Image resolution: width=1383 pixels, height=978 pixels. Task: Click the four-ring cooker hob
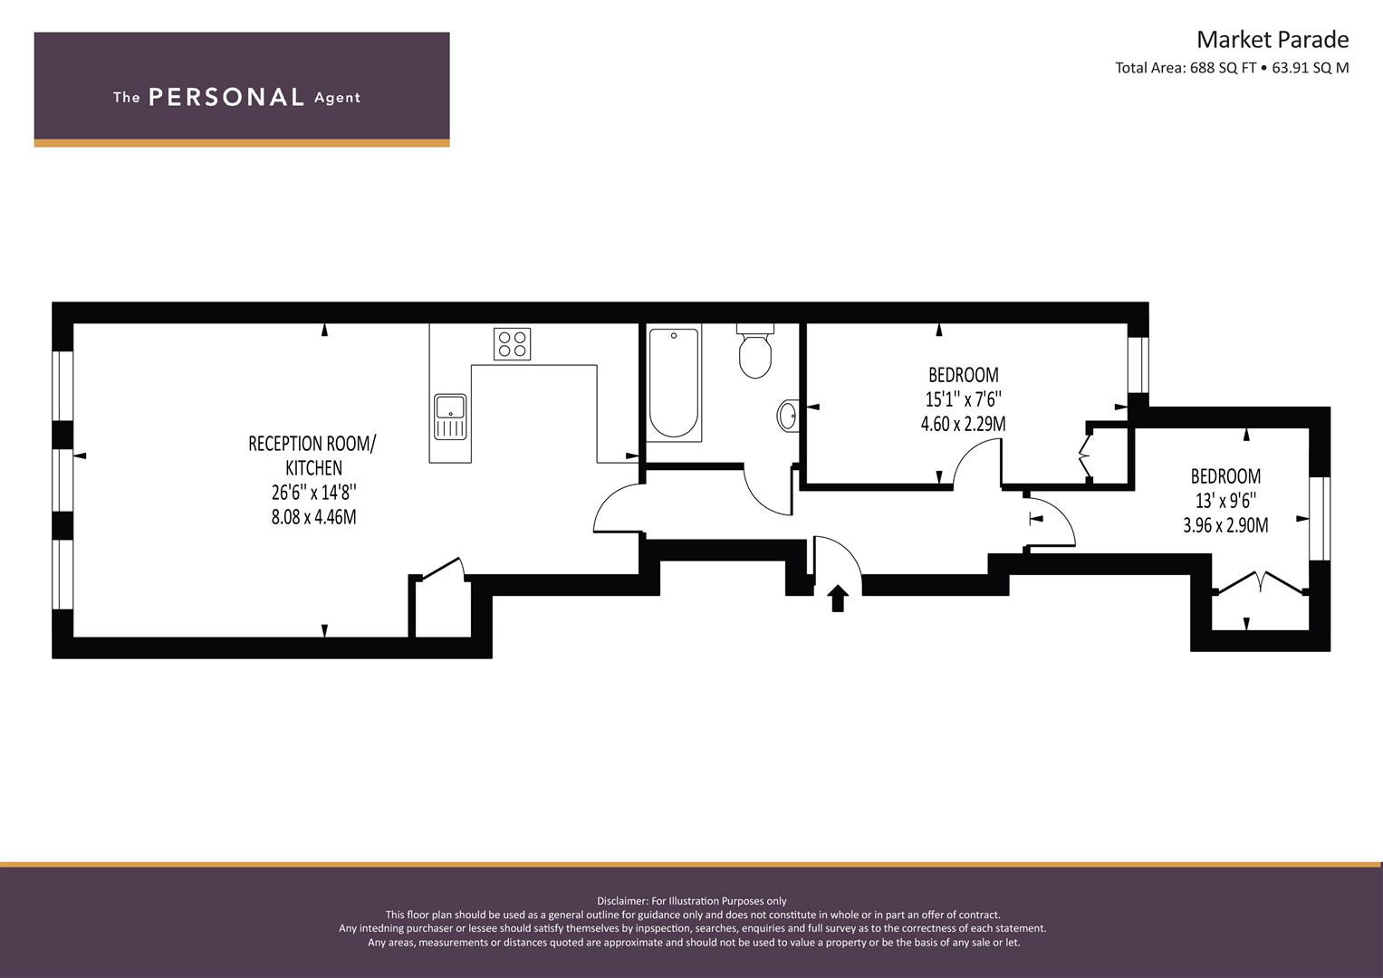(512, 344)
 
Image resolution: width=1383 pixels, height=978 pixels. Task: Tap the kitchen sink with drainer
(450, 417)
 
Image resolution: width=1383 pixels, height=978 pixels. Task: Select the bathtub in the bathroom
(674, 383)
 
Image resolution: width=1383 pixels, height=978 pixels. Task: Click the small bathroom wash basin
(788, 415)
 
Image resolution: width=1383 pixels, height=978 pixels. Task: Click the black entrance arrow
(837, 599)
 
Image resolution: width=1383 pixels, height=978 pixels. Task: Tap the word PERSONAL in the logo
(226, 98)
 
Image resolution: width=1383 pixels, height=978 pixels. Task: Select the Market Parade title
(1273, 40)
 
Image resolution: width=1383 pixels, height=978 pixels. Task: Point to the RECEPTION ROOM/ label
(312, 444)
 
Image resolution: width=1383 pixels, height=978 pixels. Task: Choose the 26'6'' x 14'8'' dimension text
(314, 492)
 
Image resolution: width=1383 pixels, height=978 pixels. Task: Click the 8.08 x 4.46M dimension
(313, 516)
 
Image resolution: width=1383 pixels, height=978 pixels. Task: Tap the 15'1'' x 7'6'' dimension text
(963, 398)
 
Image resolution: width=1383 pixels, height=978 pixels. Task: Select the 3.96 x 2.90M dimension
(1225, 525)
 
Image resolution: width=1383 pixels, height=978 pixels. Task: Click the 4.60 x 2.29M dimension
(963, 424)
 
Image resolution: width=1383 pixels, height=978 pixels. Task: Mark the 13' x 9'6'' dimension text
(1225, 500)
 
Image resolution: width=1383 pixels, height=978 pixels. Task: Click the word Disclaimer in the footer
(621, 901)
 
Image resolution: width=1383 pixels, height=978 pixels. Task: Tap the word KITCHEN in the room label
(313, 467)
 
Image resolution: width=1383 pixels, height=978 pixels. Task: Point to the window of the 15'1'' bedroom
(1138, 365)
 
